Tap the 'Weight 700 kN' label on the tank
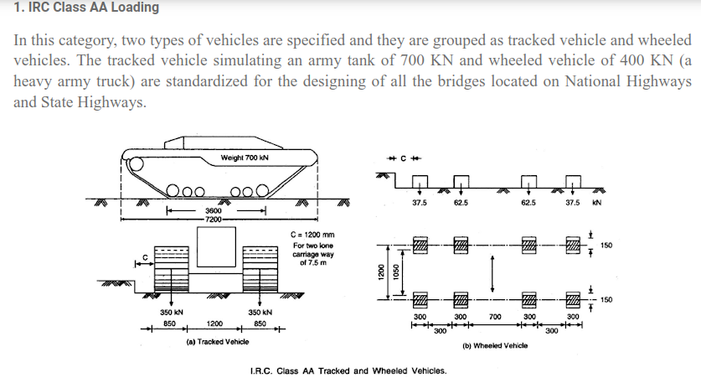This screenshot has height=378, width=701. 245,158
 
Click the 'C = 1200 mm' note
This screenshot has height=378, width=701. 312,235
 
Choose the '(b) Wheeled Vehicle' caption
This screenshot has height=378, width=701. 494,345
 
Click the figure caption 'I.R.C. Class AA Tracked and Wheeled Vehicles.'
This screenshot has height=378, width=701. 348,370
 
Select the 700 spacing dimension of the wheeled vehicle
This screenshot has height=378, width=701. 495,317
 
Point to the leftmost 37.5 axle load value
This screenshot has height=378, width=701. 420,203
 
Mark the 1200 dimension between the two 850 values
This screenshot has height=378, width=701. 215,323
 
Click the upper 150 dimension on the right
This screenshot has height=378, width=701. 606,245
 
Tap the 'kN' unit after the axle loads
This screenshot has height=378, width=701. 598,203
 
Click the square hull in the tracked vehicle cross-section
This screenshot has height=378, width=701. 214,246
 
